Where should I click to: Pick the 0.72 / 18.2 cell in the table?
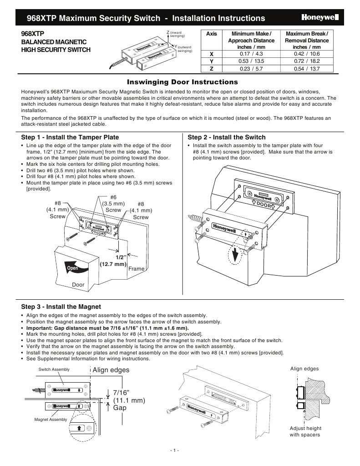click(307, 61)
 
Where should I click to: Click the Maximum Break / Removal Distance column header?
click(307, 40)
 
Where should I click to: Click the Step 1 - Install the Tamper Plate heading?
click(70, 137)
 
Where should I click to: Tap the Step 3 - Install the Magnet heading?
click(61, 307)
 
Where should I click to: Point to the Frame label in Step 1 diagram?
click(136, 269)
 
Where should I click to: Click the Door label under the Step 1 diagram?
click(79, 285)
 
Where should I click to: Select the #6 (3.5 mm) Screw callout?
click(113, 203)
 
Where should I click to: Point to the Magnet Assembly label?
click(51, 419)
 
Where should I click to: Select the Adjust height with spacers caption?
click(305, 431)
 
